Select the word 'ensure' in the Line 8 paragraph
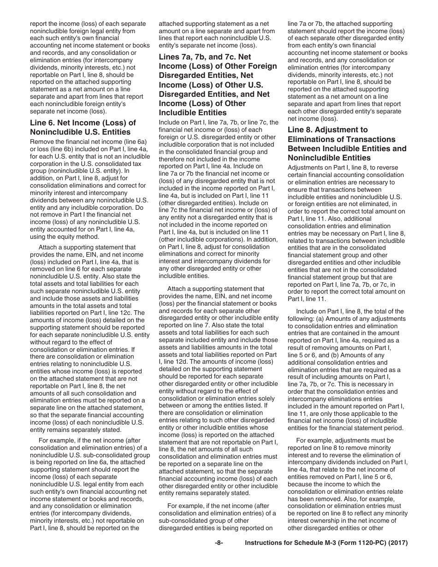(x=297, y=182)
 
